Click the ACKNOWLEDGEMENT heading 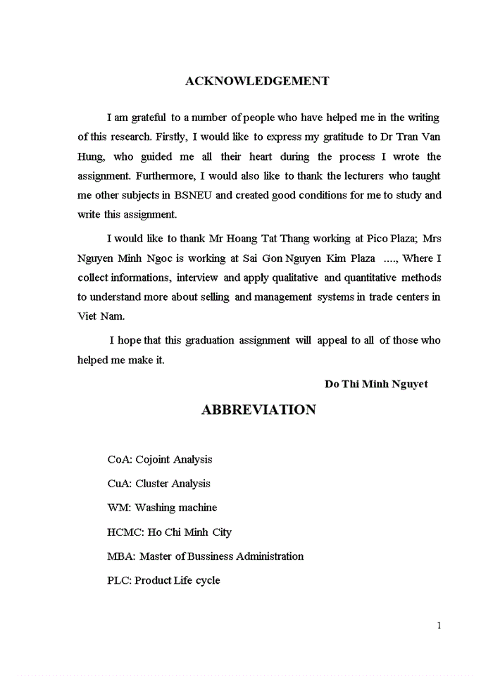[x=257, y=81]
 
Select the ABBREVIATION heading [x=258, y=410]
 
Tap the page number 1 [x=439, y=625]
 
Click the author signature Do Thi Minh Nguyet [x=376, y=384]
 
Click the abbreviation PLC [x=118, y=580]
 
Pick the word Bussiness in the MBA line [x=213, y=556]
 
